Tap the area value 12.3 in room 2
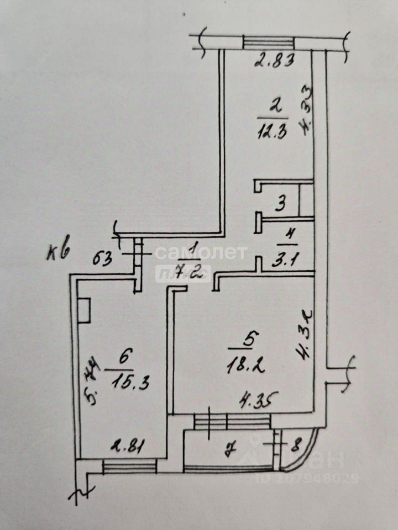[x=273, y=132]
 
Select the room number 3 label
[x=281, y=205]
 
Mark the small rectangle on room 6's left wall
[x=85, y=310]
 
